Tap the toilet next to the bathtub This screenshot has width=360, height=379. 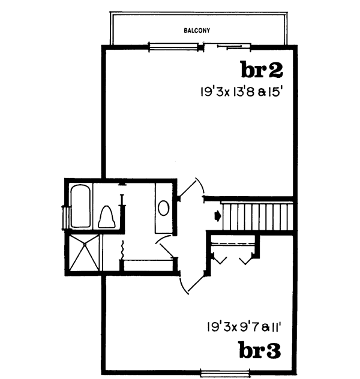pyautogui.click(x=106, y=216)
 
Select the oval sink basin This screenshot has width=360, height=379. pyautogui.click(x=163, y=208)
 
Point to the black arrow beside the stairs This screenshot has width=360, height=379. pyautogui.click(x=217, y=213)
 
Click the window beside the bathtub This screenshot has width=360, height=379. pyautogui.click(x=63, y=216)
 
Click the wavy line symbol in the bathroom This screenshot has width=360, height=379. pyautogui.click(x=122, y=248)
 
